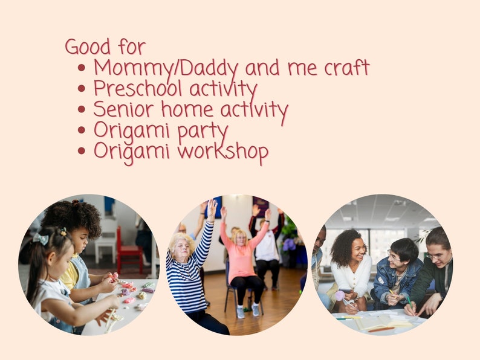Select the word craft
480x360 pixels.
346,68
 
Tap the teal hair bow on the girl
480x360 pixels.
41,239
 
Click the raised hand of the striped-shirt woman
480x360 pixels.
212,209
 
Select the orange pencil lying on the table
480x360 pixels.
380,329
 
